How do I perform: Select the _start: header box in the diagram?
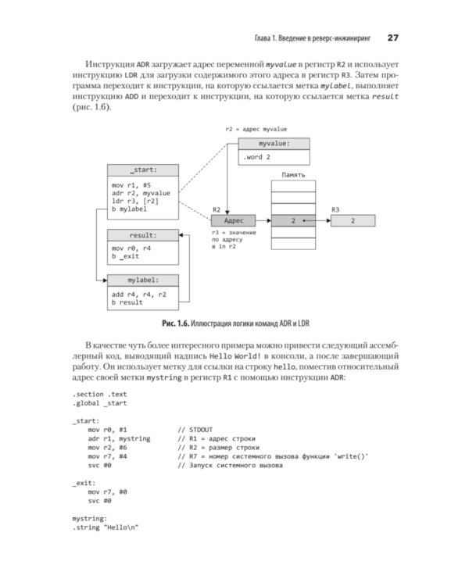(x=143, y=170)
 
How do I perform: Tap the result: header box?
(x=143, y=235)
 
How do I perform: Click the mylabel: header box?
(x=143, y=279)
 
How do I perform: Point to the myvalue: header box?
(x=274, y=144)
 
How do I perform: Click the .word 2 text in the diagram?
(x=256, y=157)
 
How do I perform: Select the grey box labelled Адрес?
(x=233, y=222)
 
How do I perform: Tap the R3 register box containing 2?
(x=353, y=222)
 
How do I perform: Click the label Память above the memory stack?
(x=294, y=177)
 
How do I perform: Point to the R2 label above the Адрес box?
(x=217, y=210)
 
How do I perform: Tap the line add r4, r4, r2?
(x=139, y=295)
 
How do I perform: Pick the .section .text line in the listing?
(x=99, y=395)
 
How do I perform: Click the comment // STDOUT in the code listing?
(x=195, y=429)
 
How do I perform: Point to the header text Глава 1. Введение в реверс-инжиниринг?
(x=311, y=38)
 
